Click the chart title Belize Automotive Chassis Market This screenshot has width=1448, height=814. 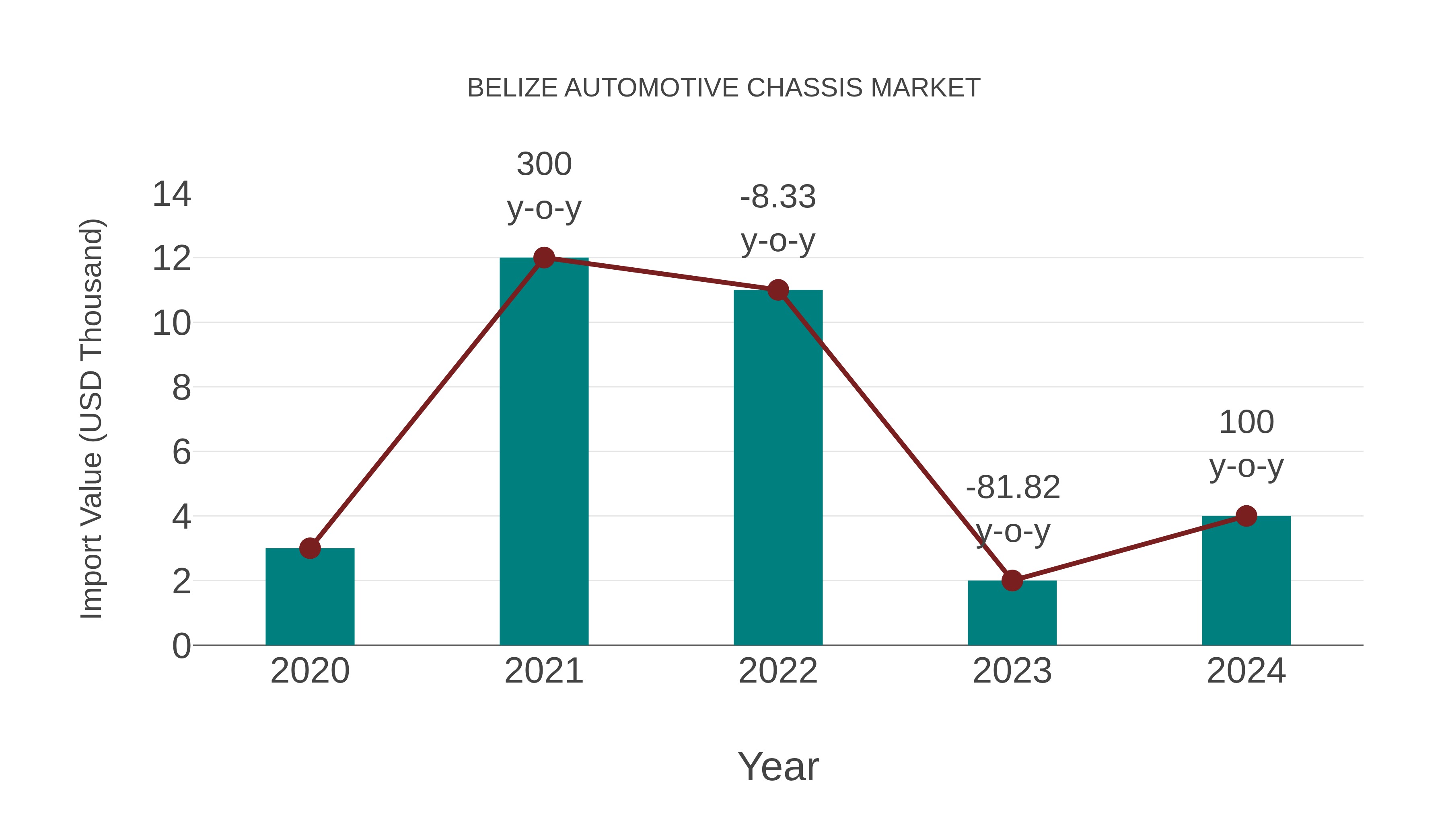click(x=724, y=88)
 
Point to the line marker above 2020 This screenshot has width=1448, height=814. click(x=310, y=548)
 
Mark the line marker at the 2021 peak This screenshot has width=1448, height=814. click(x=543, y=258)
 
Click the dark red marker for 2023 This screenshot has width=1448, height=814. click(x=1012, y=580)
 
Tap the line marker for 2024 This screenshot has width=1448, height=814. click(x=1246, y=516)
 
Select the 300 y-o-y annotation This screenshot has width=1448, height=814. click(x=543, y=186)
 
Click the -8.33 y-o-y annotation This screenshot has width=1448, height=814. click(x=778, y=219)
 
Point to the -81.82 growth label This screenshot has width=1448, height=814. click(x=1012, y=488)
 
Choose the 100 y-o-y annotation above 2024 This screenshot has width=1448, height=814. click(x=1246, y=444)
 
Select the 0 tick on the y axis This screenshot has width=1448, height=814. click(x=181, y=646)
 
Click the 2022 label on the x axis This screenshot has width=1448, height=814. click(x=778, y=671)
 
